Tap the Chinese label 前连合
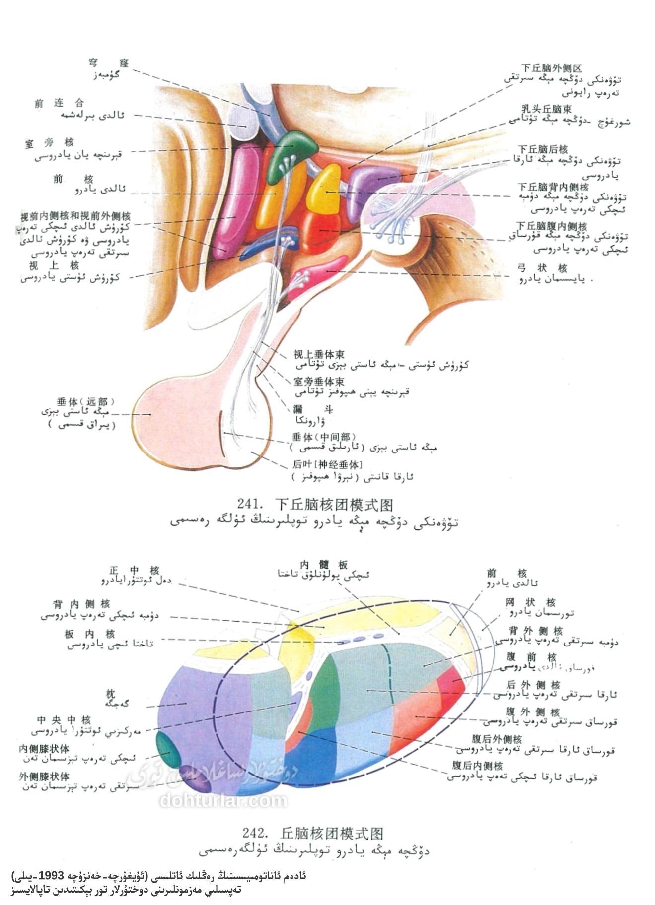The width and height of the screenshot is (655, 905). click(59, 103)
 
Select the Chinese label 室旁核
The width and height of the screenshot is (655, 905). click(49, 143)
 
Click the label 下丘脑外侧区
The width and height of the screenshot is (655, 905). click(551, 68)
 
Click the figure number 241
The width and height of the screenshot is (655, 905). click(249, 505)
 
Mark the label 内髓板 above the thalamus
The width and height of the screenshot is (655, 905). click(324, 564)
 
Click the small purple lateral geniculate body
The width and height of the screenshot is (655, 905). click(197, 783)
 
